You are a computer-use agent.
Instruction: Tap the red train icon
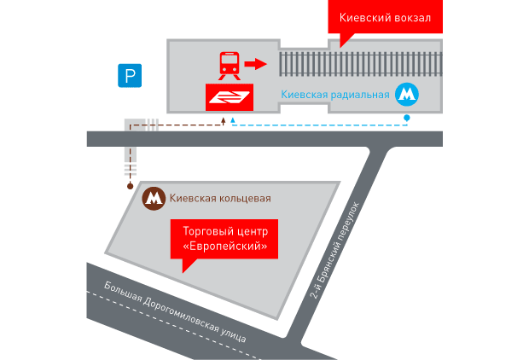(x=230, y=64)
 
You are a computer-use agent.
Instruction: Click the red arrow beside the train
(x=255, y=63)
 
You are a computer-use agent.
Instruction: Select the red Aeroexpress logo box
(x=230, y=97)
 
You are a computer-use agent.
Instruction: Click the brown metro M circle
(x=154, y=198)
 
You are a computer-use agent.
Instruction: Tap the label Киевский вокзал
(x=386, y=18)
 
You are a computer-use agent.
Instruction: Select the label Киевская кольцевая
(x=221, y=199)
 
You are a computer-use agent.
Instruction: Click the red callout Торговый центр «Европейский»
(x=225, y=239)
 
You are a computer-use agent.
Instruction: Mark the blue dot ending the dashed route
(x=407, y=116)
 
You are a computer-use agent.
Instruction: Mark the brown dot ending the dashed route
(x=130, y=185)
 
